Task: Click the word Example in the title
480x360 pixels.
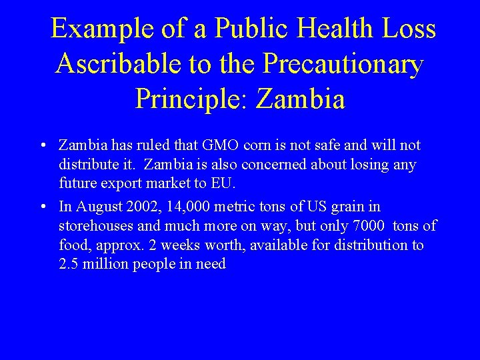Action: click(x=100, y=29)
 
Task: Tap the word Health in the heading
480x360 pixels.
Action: click(x=334, y=29)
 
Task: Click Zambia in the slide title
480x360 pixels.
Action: click(x=300, y=99)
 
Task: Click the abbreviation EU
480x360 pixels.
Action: click(x=223, y=183)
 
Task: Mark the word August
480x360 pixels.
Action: click(x=97, y=207)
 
